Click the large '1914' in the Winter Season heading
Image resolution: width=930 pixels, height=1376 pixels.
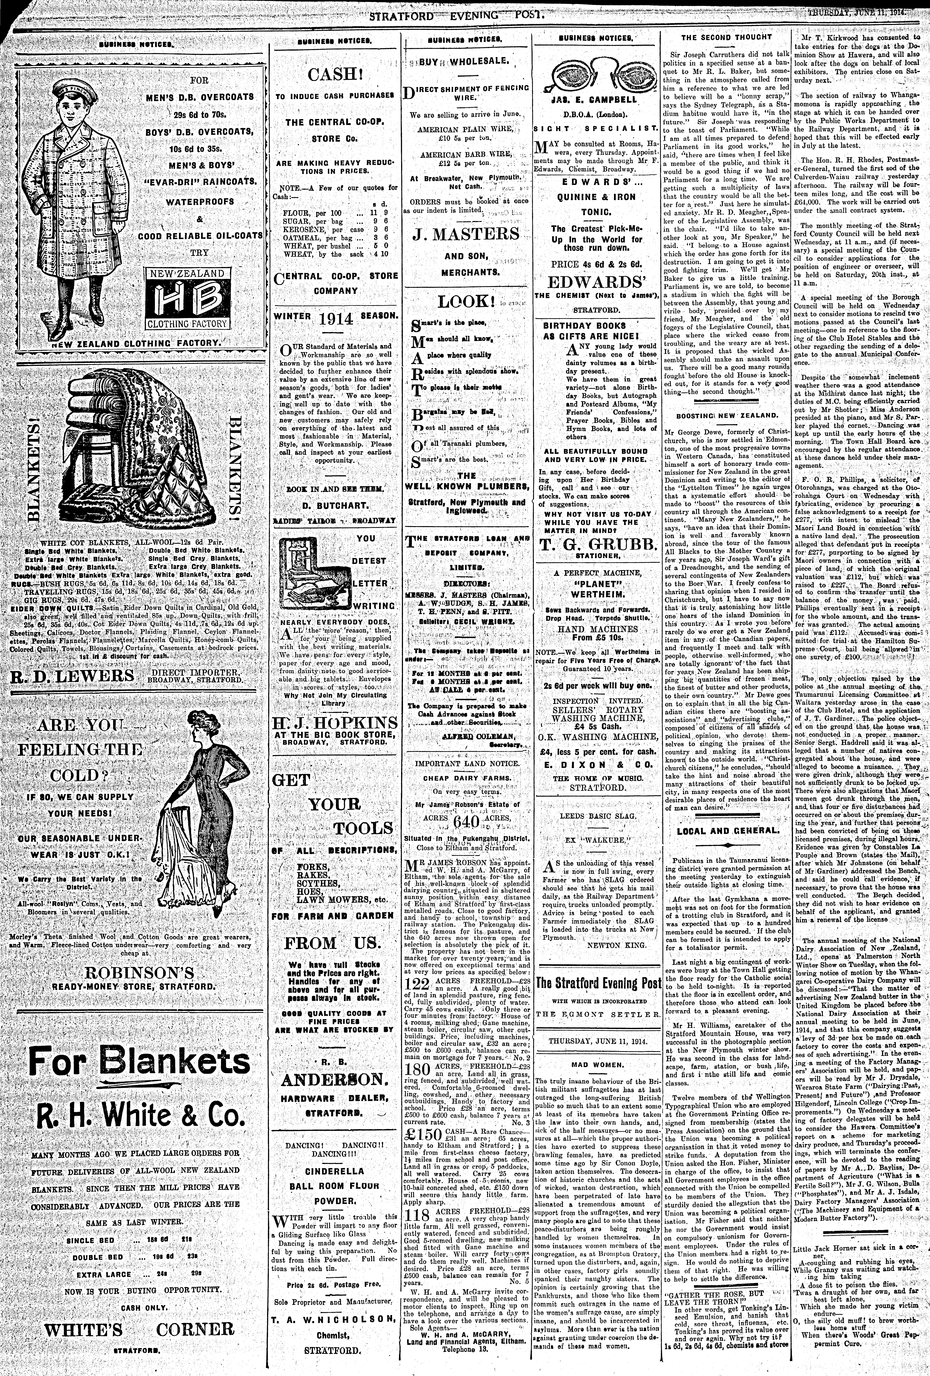click(335, 319)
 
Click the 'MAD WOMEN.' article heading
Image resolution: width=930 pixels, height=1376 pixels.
click(597, 1064)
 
